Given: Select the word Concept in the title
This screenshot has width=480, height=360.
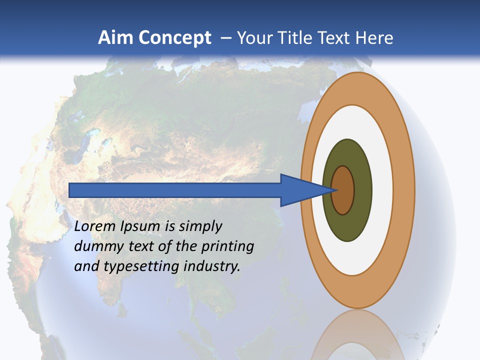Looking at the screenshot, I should (x=174, y=38).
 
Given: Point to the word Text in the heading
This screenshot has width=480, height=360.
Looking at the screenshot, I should (x=336, y=38).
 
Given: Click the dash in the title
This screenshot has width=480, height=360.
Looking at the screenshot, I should (x=225, y=38).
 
